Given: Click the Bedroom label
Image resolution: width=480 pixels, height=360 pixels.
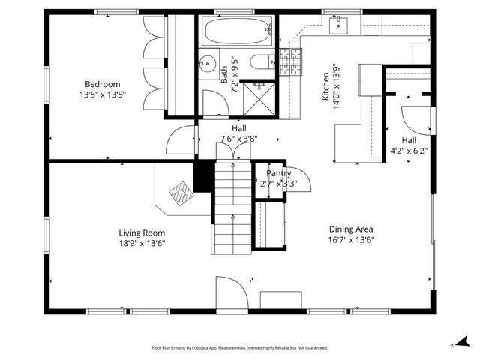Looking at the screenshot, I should tap(103, 84).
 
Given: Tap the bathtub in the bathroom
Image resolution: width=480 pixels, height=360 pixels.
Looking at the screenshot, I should tap(235, 31).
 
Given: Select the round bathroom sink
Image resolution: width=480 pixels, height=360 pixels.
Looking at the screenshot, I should tap(209, 63).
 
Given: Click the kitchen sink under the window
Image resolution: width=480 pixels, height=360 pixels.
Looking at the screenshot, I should tap(338, 25).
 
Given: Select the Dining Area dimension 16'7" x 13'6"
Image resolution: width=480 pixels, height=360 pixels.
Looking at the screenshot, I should tap(351, 240).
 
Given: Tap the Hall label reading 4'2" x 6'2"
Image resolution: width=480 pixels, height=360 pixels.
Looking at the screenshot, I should tap(409, 150).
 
